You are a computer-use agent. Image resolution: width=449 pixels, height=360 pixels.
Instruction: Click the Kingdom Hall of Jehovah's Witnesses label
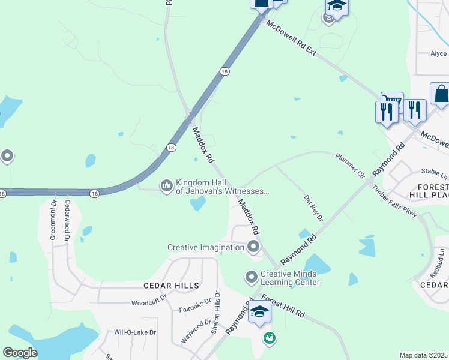point(221,187)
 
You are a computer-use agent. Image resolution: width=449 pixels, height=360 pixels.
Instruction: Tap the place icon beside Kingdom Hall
point(166,187)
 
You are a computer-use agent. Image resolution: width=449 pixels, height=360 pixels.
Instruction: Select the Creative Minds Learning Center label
point(289,278)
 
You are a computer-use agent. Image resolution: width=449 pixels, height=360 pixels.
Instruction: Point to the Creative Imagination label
point(206,247)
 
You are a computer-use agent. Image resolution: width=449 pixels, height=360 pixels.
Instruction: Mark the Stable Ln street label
point(435,174)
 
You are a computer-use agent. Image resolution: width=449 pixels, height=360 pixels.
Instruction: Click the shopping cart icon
point(391,101)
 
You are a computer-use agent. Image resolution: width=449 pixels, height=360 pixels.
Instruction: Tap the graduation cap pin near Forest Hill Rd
point(259,312)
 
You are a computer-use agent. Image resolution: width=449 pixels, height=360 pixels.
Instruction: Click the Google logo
point(19,353)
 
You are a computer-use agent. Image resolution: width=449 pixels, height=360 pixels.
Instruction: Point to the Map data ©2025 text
point(424,355)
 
